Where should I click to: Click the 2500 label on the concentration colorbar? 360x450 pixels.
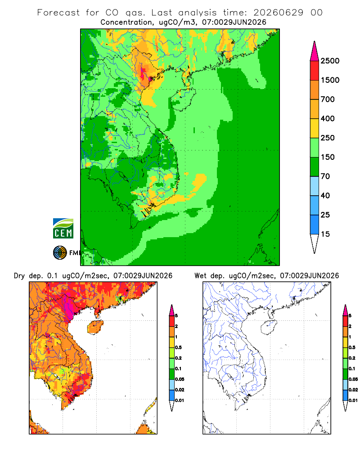330,61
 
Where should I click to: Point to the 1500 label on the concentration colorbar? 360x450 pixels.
330,80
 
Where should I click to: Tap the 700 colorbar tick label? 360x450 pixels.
328,99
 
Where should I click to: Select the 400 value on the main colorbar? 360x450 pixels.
328,118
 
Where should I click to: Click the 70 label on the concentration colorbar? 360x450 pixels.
325,176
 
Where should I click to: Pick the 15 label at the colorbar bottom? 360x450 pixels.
325,234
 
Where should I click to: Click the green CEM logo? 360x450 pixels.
63,229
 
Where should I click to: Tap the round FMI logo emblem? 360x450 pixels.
60,253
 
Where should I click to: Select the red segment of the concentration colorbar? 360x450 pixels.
315,71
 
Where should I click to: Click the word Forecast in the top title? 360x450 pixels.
58,13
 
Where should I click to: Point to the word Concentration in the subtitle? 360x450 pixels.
126,22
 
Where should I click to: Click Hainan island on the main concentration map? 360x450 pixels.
183,99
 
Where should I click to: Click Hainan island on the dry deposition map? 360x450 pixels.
95,327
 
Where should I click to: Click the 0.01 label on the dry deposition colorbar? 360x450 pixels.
180,400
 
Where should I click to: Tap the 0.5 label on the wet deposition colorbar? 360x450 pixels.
352,347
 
